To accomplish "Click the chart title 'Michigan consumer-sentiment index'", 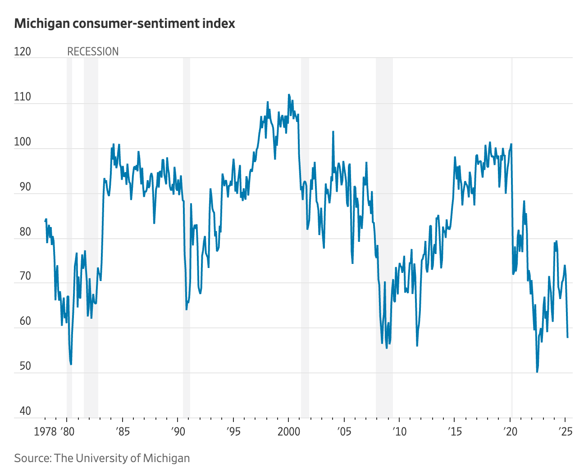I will [x=124, y=23].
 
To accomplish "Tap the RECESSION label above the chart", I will [x=93, y=52].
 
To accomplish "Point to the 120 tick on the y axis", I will [x=23, y=52].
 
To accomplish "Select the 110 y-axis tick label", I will [x=23, y=97].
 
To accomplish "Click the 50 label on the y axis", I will [x=23, y=366].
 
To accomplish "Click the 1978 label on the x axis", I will [x=45, y=431].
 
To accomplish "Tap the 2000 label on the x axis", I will [x=288, y=431].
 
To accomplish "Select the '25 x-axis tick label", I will [x=565, y=431].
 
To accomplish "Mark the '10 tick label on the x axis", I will [x=399, y=431].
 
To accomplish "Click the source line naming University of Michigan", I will [x=102, y=458].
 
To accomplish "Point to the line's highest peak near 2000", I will [x=289, y=95].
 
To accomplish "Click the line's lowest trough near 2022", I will [x=537, y=372].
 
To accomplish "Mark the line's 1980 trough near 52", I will [x=71, y=364].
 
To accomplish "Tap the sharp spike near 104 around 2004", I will [x=333, y=132].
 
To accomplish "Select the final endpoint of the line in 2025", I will [x=567, y=337].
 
